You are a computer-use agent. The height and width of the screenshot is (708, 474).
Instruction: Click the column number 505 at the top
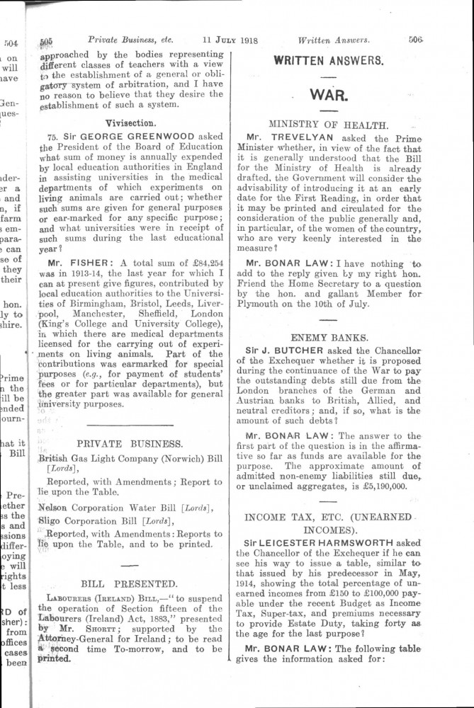(x=47, y=41)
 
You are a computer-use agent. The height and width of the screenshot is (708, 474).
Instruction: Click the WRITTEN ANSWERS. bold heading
(x=328, y=61)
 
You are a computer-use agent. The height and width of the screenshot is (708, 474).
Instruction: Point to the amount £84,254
(x=191, y=262)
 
